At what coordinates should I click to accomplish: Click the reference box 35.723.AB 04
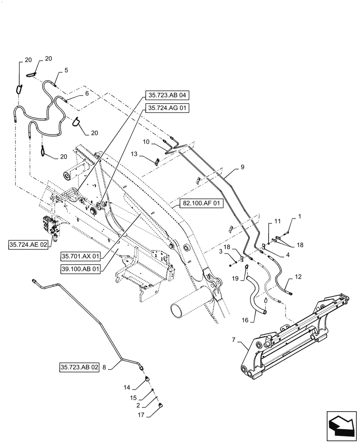[167, 95]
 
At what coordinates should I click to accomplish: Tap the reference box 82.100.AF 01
[202, 204]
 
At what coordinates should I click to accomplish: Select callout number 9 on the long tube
[243, 167]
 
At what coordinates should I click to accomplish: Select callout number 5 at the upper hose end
[66, 70]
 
